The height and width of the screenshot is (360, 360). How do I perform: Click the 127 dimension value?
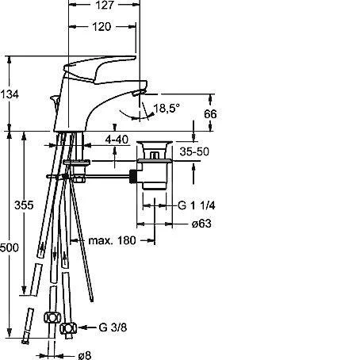[105, 5]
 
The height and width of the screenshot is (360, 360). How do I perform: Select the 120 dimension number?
[101, 27]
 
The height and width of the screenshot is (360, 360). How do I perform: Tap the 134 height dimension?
[10, 94]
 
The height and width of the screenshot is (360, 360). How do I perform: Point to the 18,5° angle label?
[167, 108]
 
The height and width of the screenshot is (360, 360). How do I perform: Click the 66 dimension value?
[210, 114]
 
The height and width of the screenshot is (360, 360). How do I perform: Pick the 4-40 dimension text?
[117, 140]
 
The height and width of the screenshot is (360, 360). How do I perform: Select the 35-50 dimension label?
[194, 151]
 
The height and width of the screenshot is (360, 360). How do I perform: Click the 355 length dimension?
[24, 205]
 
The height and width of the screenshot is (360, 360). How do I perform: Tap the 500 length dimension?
[10, 247]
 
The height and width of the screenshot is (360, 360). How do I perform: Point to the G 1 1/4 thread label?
[197, 205]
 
